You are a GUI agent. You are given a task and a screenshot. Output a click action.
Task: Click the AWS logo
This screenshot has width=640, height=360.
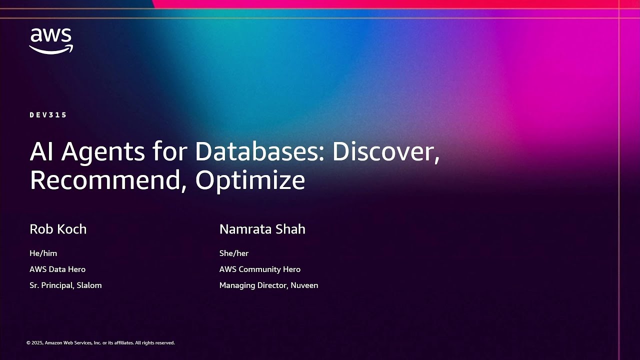pos(51,40)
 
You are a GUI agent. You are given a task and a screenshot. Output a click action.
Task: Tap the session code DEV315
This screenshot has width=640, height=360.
pos(48,115)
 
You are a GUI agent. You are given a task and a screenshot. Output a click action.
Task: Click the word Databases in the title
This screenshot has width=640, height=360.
pos(259,151)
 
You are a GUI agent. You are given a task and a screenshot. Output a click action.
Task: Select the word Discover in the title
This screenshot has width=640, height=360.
pos(385,151)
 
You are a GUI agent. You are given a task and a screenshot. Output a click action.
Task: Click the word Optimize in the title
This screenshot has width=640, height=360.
pos(250,180)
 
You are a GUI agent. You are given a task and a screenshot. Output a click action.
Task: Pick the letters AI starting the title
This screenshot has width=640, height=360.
pos(42,151)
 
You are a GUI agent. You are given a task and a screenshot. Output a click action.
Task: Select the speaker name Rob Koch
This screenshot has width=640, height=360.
pos(58,229)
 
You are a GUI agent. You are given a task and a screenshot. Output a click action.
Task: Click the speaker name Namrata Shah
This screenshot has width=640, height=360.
pos(262,229)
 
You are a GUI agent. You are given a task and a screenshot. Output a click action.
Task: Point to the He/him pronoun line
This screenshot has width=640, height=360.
pos(43,253)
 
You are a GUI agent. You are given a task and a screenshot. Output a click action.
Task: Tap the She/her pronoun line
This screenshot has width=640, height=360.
pos(233,253)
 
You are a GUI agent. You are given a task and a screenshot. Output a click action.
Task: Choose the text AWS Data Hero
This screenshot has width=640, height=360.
pos(57,269)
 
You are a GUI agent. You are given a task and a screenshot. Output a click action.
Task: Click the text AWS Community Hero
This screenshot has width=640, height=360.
pos(259,269)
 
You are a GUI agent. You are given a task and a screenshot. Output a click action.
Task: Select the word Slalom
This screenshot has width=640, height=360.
pos(89,285)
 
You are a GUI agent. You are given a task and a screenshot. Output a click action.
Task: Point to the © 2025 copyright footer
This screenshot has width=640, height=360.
pos(100,343)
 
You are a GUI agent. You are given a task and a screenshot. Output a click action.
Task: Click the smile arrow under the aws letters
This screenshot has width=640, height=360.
pos(51,49)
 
